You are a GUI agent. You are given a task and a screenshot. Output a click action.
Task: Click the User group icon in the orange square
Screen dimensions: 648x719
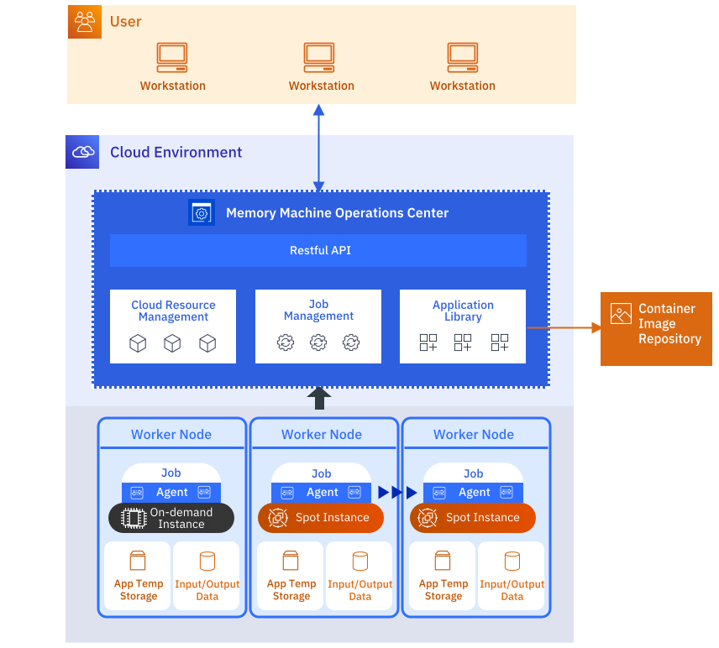[84, 22]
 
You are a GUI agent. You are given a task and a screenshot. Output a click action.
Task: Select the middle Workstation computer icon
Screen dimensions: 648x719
[319, 57]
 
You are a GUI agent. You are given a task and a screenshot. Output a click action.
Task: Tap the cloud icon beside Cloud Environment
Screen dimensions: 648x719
[82, 152]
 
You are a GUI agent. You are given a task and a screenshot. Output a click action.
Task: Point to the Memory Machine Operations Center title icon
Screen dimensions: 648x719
[202, 213]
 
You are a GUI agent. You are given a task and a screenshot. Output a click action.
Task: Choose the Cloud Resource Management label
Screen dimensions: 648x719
[173, 311]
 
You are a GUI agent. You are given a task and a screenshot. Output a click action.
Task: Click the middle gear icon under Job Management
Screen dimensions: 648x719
[318, 342]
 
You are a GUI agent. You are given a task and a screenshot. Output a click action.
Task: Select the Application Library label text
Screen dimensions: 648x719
[463, 311]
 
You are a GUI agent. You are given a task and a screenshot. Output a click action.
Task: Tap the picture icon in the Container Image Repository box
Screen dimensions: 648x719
[621, 314]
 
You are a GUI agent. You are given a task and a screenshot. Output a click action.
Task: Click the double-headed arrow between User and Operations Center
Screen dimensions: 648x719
[318, 148]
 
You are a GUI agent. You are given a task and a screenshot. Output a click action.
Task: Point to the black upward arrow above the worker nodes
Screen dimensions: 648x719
[319, 398]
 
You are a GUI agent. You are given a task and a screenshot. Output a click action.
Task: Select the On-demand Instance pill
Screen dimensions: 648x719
[171, 518]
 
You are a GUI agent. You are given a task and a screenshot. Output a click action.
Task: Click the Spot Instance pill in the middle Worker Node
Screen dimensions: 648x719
[321, 518]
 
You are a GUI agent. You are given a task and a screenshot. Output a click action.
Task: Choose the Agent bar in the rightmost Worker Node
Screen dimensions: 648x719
[474, 493]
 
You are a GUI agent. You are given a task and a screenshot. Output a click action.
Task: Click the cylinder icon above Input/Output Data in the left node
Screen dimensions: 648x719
[207, 561]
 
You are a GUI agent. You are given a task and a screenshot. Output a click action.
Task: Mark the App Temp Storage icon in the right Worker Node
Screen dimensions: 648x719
[443, 561]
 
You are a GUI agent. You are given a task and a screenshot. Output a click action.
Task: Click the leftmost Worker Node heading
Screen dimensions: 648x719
[171, 434]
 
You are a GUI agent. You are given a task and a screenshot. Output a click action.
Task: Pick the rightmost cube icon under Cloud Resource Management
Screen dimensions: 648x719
[207, 343]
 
